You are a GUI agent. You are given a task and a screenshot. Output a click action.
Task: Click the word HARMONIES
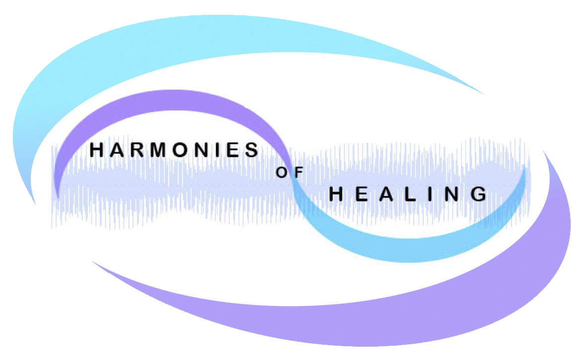click(x=174, y=150)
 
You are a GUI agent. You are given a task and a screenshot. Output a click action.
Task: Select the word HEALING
click(x=407, y=194)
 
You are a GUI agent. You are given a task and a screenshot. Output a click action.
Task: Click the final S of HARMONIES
click(x=253, y=150)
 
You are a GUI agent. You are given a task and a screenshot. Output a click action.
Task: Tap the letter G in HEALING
click(x=478, y=194)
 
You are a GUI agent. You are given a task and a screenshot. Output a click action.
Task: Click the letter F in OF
click(x=298, y=174)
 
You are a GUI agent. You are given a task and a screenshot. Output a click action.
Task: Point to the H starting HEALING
click(x=336, y=194)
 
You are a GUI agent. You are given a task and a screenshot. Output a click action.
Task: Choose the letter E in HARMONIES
click(x=233, y=150)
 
